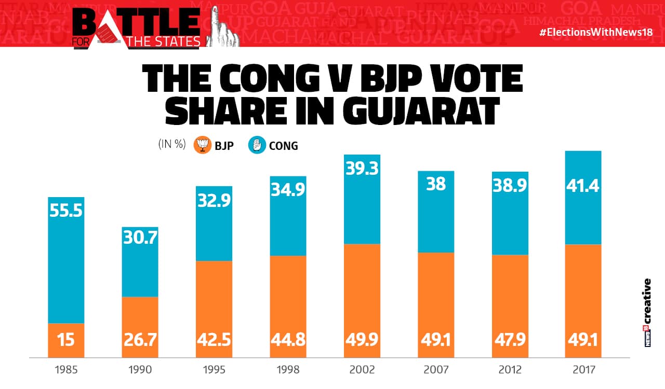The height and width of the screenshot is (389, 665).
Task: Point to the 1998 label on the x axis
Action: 288,370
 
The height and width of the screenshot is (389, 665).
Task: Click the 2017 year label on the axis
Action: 583,370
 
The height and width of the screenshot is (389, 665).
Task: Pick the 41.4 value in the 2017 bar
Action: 583,185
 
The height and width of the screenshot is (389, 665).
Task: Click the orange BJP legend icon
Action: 202,145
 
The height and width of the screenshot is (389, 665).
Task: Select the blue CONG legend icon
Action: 257,145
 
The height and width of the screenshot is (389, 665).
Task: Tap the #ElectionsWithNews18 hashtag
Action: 595,32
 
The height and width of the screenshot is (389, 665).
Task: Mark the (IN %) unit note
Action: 172,145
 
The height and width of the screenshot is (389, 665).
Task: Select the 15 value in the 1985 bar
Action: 66,340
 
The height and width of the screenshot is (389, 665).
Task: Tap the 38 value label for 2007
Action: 435,184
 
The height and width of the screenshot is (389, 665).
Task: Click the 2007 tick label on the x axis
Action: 435,370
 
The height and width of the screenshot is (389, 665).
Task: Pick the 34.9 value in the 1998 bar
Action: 288,190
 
